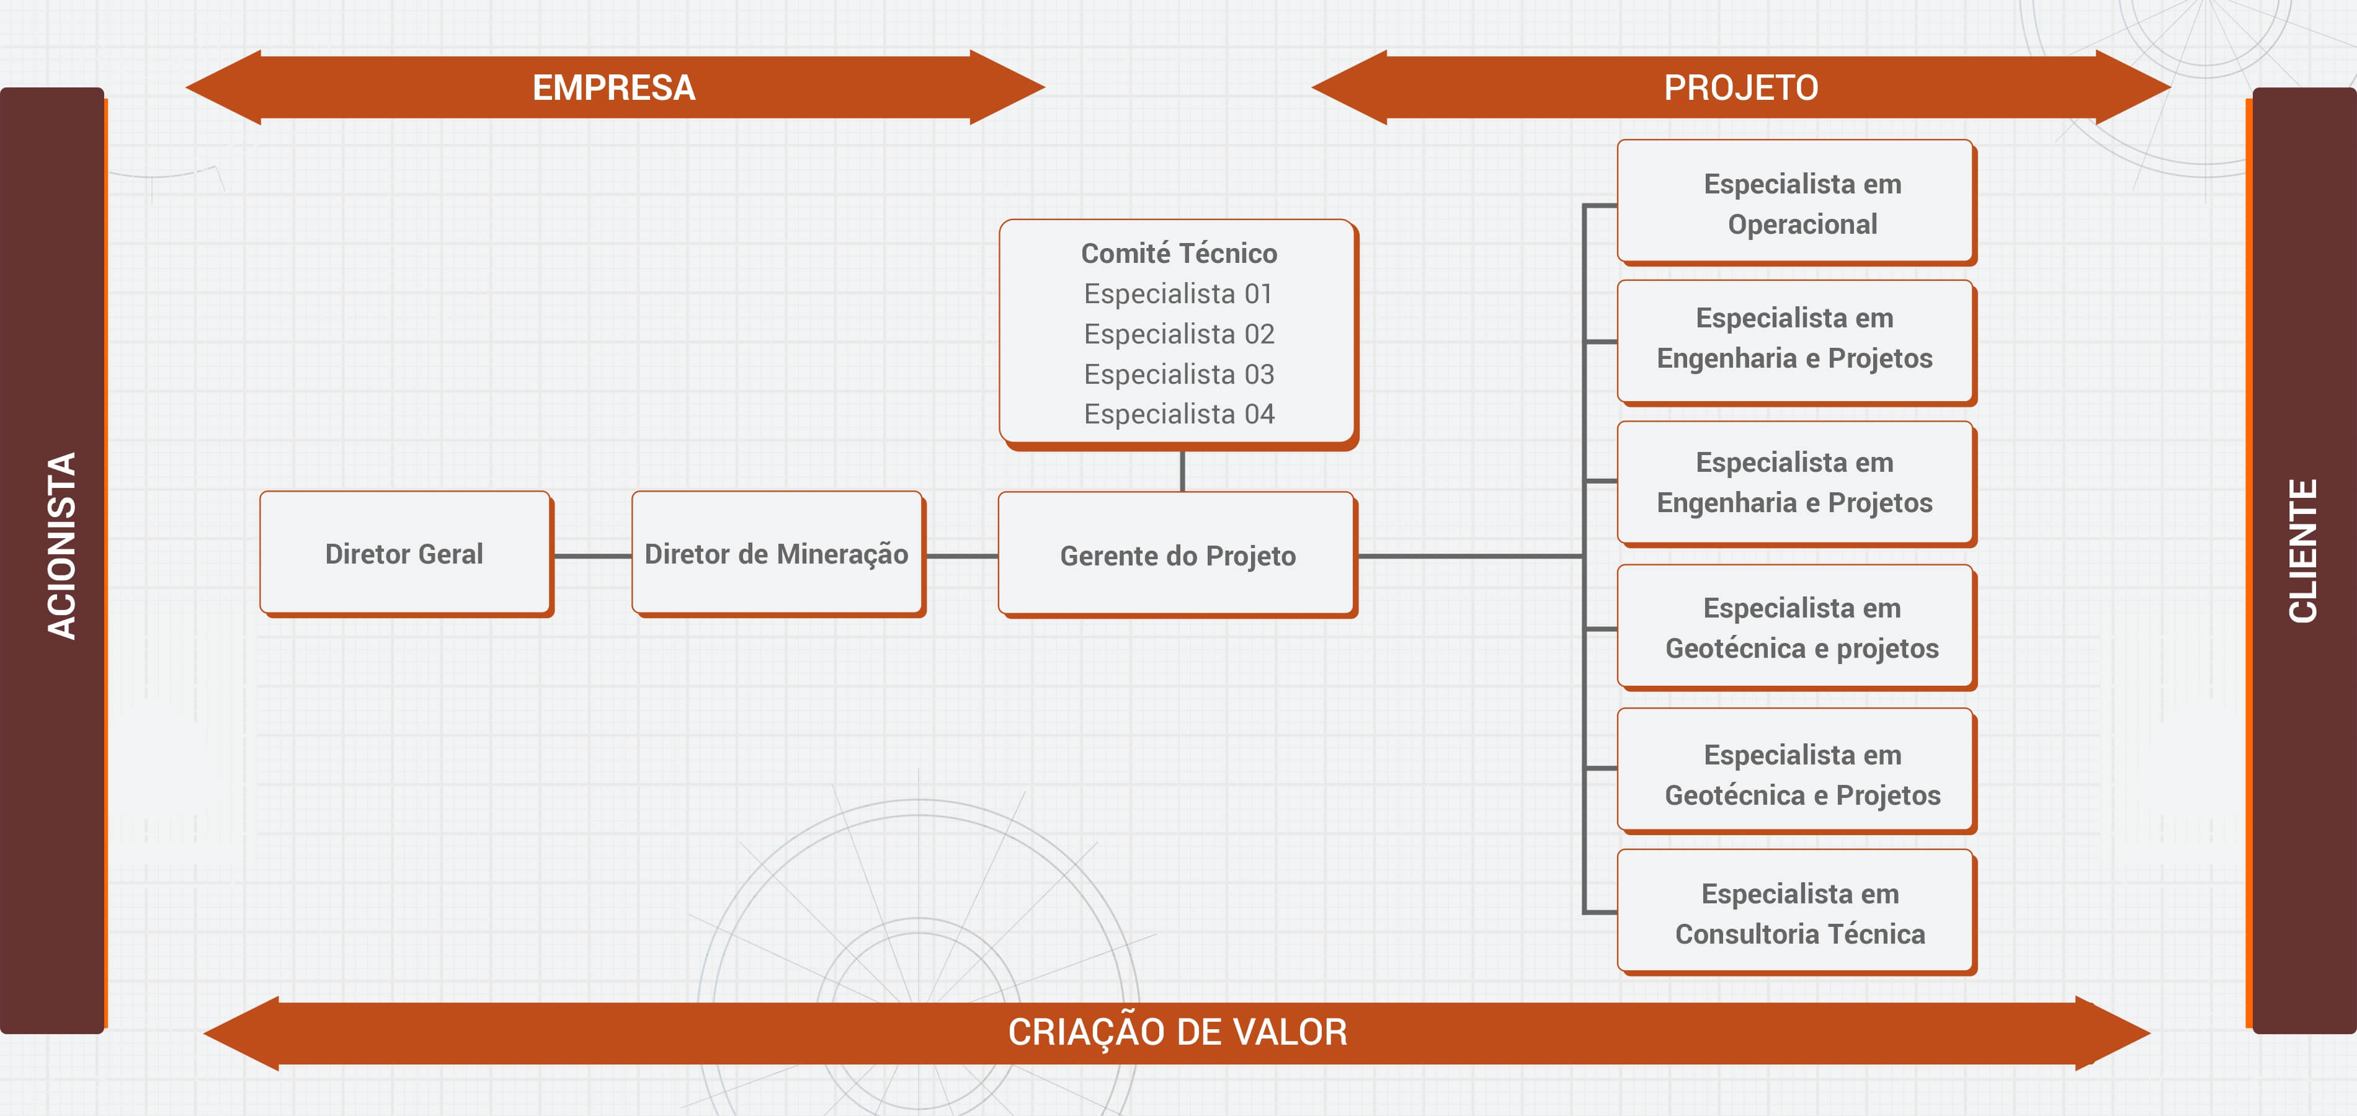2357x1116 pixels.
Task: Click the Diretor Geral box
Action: tap(404, 554)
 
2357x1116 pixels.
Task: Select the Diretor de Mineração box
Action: tap(777, 554)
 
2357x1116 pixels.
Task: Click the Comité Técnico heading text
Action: tap(1178, 254)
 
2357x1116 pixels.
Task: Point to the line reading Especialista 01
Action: tap(1178, 294)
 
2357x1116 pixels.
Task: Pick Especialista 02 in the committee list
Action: tap(1178, 334)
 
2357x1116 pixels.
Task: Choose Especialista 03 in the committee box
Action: tap(1178, 374)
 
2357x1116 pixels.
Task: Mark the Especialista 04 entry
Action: tap(1178, 414)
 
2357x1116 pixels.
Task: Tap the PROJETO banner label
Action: tap(1740, 88)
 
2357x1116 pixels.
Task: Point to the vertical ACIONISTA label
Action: tap(62, 546)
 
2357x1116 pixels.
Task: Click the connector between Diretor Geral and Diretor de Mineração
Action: tap(592, 556)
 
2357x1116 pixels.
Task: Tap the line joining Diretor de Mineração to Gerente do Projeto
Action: tap(961, 556)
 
